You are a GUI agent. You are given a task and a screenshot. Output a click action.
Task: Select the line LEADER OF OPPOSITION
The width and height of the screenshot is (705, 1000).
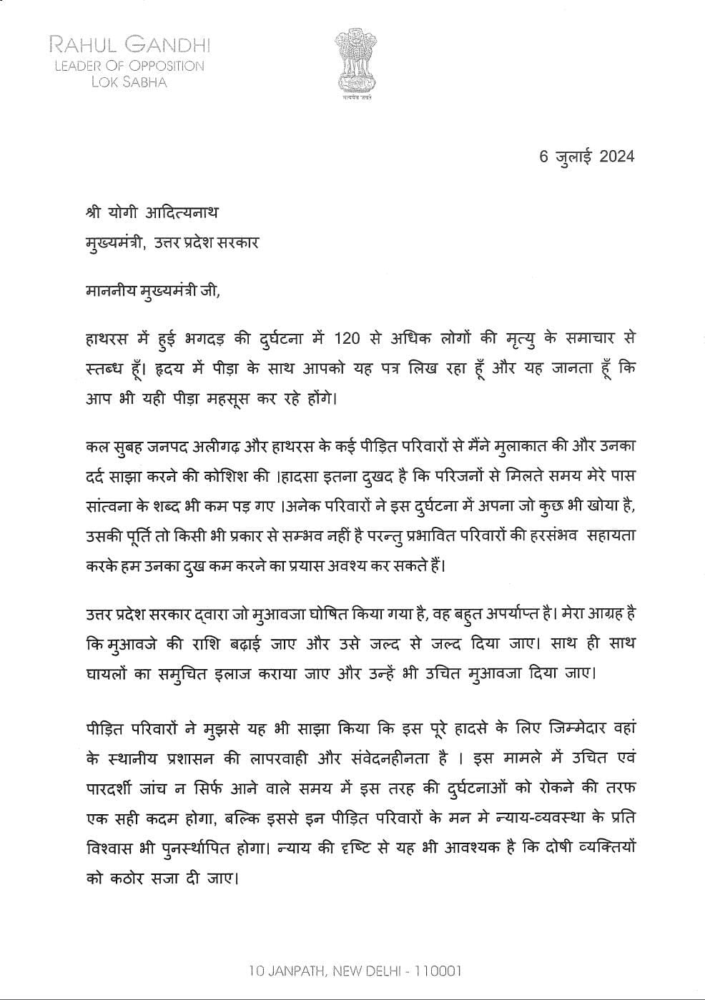tap(129, 66)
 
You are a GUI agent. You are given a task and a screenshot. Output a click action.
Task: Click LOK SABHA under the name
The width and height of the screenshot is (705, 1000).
tap(129, 82)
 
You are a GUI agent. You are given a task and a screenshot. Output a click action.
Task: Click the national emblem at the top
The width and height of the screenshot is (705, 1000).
tap(355, 64)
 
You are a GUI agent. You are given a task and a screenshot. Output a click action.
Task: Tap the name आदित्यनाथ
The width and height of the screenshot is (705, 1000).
tap(183, 212)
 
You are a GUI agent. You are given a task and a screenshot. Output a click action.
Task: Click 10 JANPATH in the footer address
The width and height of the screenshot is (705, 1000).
tap(284, 971)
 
